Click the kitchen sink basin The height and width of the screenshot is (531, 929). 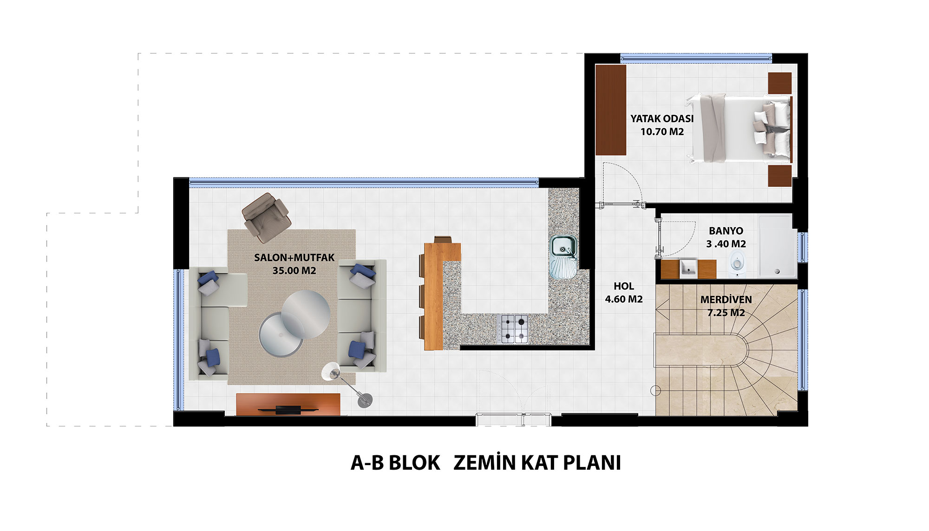(563, 246)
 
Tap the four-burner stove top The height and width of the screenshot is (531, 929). (515, 329)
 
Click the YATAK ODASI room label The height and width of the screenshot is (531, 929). (662, 118)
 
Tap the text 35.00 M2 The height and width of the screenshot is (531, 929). (294, 270)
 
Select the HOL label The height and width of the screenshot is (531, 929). (624, 286)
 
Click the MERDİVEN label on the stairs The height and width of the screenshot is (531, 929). (726, 300)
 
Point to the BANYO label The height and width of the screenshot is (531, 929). (726, 231)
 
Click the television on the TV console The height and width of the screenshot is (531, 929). (288, 409)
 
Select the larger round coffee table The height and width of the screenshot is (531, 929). (306, 314)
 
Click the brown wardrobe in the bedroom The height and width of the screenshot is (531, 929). (611, 110)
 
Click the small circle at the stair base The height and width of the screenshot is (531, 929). (655, 391)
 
